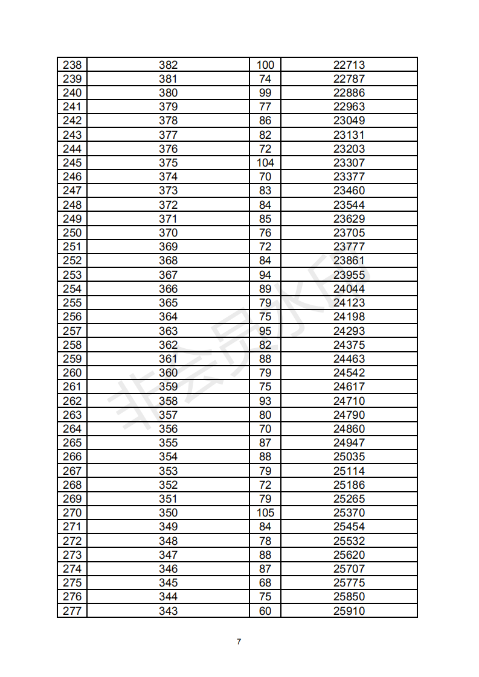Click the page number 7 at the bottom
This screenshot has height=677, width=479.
click(x=239, y=641)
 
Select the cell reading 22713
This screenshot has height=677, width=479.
click(x=349, y=65)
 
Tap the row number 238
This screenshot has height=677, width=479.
click(x=72, y=65)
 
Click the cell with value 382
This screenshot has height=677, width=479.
click(x=168, y=65)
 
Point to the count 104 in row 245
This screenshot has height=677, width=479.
click(x=265, y=163)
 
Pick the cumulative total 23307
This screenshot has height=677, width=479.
click(x=349, y=163)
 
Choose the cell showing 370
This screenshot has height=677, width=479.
click(x=168, y=233)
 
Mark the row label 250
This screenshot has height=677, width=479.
click(x=72, y=233)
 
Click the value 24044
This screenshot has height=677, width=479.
click(x=349, y=289)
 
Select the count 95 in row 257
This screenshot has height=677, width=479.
click(x=265, y=331)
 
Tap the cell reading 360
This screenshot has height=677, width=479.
click(x=168, y=373)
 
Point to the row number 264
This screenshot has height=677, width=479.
click(x=72, y=429)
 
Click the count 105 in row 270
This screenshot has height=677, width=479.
click(x=265, y=513)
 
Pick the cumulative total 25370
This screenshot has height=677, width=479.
click(x=349, y=513)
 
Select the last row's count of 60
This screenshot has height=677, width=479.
click(x=265, y=611)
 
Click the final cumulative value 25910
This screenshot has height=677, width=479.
click(x=349, y=611)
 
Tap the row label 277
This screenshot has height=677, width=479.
click(x=72, y=611)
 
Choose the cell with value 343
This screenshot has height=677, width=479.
click(x=168, y=611)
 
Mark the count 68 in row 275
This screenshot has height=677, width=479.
click(x=265, y=583)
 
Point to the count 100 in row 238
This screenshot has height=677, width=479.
click(x=265, y=65)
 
